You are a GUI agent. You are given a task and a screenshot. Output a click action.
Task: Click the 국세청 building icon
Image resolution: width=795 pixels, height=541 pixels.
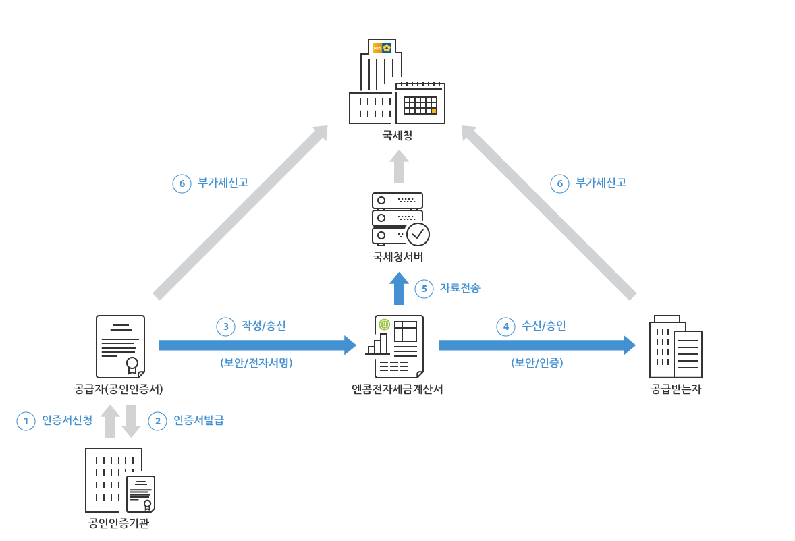(x=397, y=82)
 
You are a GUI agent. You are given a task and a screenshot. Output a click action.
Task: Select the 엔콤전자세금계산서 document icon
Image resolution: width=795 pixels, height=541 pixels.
(x=395, y=347)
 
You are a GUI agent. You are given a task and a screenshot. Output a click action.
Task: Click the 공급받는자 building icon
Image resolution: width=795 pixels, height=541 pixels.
(x=676, y=347)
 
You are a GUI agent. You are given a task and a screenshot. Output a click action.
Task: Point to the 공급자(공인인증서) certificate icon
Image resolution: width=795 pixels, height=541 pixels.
(x=121, y=347)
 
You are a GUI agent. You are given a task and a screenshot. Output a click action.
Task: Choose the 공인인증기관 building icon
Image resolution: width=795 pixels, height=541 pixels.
(x=120, y=480)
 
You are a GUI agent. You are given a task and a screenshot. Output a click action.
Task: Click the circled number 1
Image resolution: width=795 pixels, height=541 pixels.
(x=26, y=421)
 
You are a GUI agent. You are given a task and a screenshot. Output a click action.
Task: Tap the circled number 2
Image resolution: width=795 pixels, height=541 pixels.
(x=158, y=421)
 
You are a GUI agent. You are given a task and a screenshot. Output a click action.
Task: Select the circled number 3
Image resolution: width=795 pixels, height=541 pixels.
(x=225, y=326)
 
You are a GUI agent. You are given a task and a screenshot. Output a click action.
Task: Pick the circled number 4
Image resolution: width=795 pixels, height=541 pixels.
(x=505, y=326)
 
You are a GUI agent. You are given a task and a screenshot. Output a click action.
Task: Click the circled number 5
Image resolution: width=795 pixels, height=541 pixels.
(x=424, y=289)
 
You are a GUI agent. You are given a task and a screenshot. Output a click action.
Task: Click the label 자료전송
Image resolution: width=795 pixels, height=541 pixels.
(x=460, y=288)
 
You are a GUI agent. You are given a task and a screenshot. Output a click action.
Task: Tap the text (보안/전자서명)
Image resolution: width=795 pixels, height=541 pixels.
(x=256, y=363)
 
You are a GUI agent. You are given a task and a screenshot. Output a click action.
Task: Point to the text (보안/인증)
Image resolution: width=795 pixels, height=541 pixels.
(x=537, y=363)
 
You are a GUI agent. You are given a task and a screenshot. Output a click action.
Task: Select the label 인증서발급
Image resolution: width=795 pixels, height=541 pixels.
(x=198, y=420)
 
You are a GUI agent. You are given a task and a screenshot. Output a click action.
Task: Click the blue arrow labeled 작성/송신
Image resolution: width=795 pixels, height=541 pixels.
(x=258, y=345)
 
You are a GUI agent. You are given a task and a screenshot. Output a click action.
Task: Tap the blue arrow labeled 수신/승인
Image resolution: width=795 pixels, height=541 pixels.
(x=537, y=345)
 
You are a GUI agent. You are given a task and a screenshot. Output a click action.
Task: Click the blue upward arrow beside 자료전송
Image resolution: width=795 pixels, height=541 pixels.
(x=399, y=288)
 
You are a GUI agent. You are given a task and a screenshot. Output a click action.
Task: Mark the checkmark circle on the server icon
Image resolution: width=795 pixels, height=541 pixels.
(x=418, y=234)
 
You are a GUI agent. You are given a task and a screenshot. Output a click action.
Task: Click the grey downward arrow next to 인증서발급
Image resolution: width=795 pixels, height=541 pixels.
(x=131, y=421)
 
